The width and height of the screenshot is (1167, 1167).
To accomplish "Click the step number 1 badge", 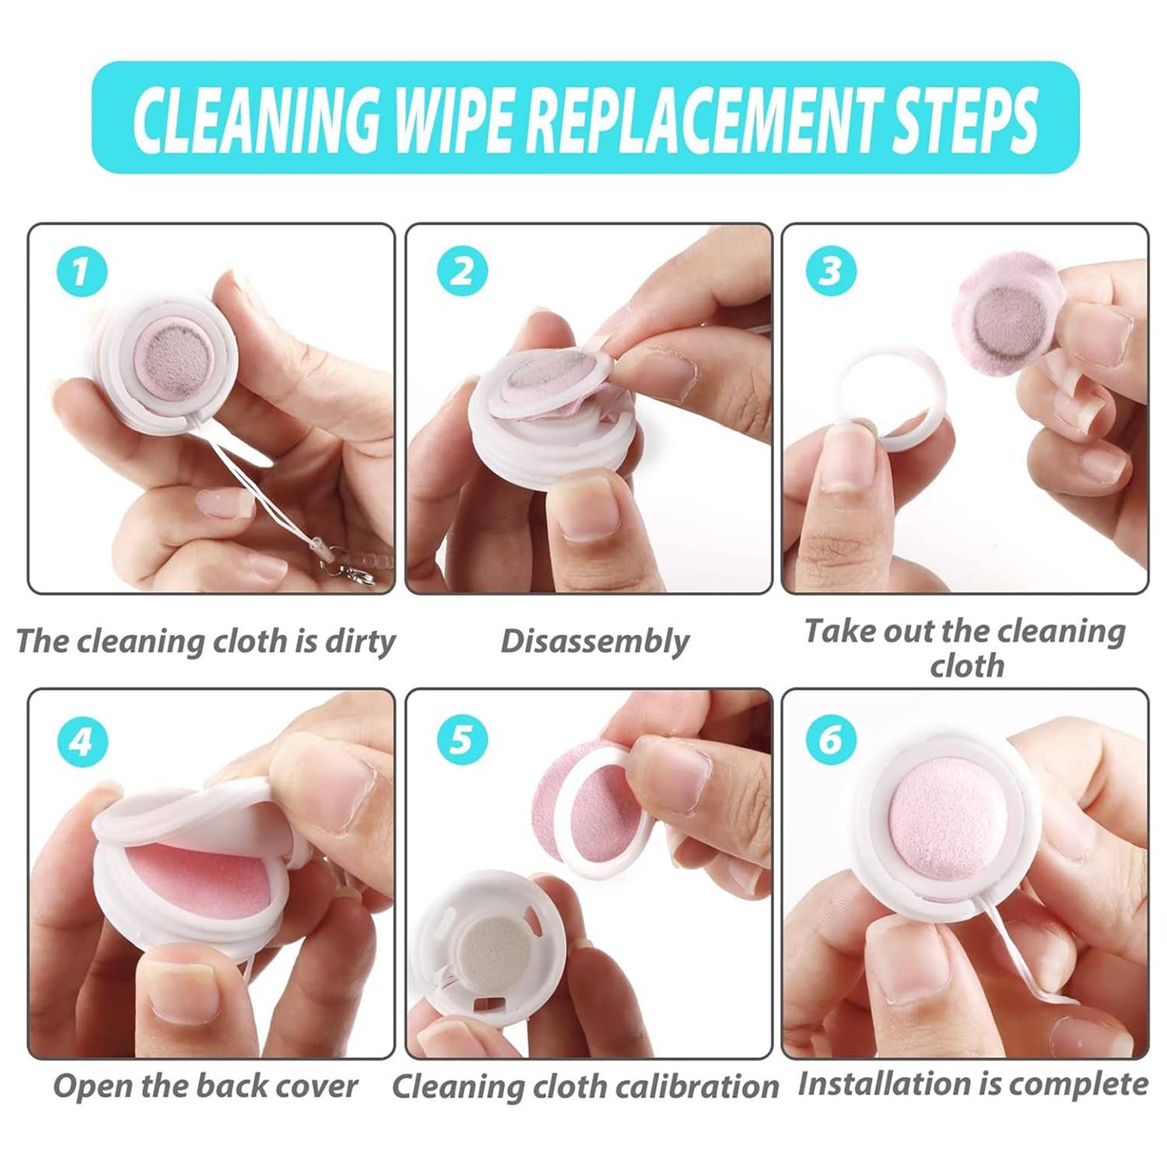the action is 82,272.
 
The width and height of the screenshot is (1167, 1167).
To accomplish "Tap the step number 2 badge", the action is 462,272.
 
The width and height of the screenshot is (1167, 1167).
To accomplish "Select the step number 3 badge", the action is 831,270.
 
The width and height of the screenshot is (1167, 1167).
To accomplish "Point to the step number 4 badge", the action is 82,741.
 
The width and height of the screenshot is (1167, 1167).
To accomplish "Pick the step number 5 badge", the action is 462,739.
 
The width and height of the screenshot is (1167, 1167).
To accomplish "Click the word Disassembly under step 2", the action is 595,642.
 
